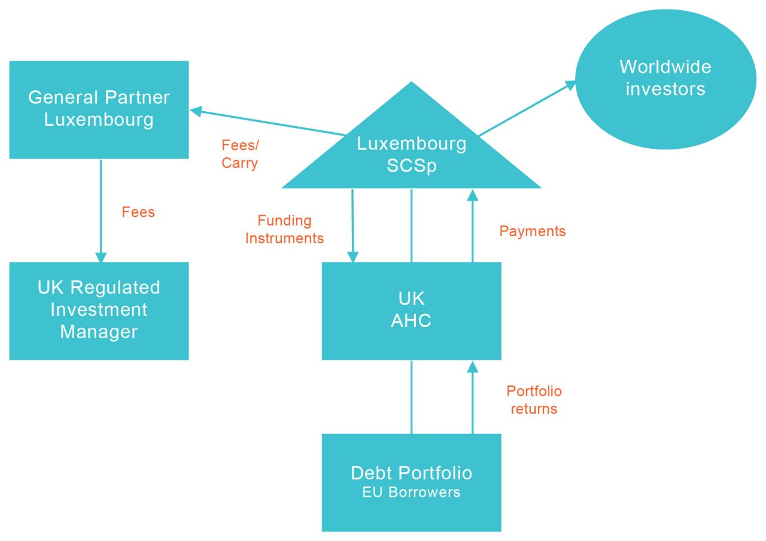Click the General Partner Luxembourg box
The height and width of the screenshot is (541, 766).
pyautogui.click(x=99, y=109)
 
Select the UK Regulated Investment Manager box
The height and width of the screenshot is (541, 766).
pyautogui.click(x=99, y=310)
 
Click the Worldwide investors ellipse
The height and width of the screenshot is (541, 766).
pyautogui.click(x=665, y=78)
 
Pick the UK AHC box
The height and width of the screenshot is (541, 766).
pyautogui.click(x=411, y=310)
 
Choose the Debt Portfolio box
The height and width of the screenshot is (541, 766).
pyautogui.click(x=411, y=482)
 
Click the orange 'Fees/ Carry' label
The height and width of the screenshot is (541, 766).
pyautogui.click(x=240, y=154)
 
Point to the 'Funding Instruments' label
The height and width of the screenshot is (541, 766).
pyautogui.click(x=284, y=230)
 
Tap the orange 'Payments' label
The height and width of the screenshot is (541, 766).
pyautogui.click(x=532, y=231)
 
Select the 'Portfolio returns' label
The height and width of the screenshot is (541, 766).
pyautogui.click(x=533, y=400)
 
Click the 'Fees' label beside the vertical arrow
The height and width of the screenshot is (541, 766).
pyautogui.click(x=138, y=212)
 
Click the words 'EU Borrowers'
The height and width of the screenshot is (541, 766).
pyautogui.click(x=411, y=493)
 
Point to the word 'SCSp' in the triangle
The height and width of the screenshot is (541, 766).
pyautogui.click(x=411, y=166)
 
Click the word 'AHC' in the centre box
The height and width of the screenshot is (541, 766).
pyautogui.click(x=411, y=321)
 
